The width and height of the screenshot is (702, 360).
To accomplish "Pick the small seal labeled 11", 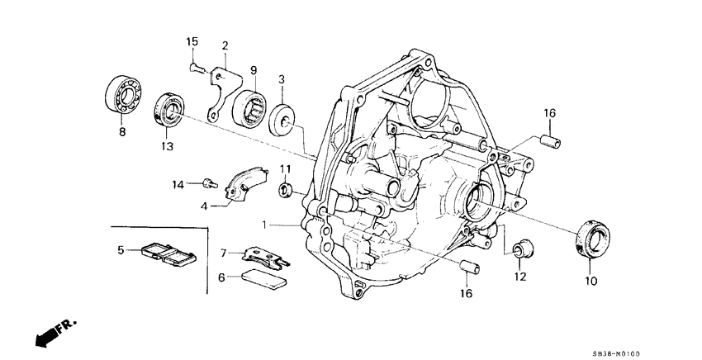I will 284,192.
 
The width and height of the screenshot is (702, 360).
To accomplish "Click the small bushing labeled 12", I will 522,247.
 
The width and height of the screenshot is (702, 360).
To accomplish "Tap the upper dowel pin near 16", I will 551,141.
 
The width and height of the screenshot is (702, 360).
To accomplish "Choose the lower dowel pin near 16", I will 470,268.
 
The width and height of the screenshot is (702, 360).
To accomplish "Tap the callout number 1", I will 265,225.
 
